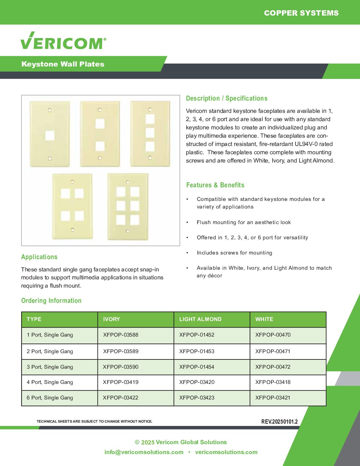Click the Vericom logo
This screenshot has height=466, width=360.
(x=63, y=41)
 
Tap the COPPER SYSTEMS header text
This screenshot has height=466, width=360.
(x=301, y=13)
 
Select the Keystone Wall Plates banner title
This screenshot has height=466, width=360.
(x=63, y=64)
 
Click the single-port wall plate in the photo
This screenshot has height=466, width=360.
(x=50, y=134)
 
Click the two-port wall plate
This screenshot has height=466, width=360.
(x=100, y=134)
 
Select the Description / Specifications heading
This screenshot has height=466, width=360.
(x=227, y=98)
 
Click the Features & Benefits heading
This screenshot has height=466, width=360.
(x=215, y=185)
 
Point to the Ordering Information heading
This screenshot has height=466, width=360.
(x=51, y=301)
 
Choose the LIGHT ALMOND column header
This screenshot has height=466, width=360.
(x=200, y=319)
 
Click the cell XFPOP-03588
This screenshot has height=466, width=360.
(x=121, y=335)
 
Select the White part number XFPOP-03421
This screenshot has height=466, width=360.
(x=273, y=398)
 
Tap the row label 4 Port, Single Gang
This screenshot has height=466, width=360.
(x=50, y=382)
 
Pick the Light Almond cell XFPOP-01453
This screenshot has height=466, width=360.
(x=197, y=351)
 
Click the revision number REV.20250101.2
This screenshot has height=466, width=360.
(x=279, y=422)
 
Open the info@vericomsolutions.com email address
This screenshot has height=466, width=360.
(x=144, y=452)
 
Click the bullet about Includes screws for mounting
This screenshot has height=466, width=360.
(x=234, y=253)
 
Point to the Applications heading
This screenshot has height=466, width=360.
(x=39, y=257)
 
